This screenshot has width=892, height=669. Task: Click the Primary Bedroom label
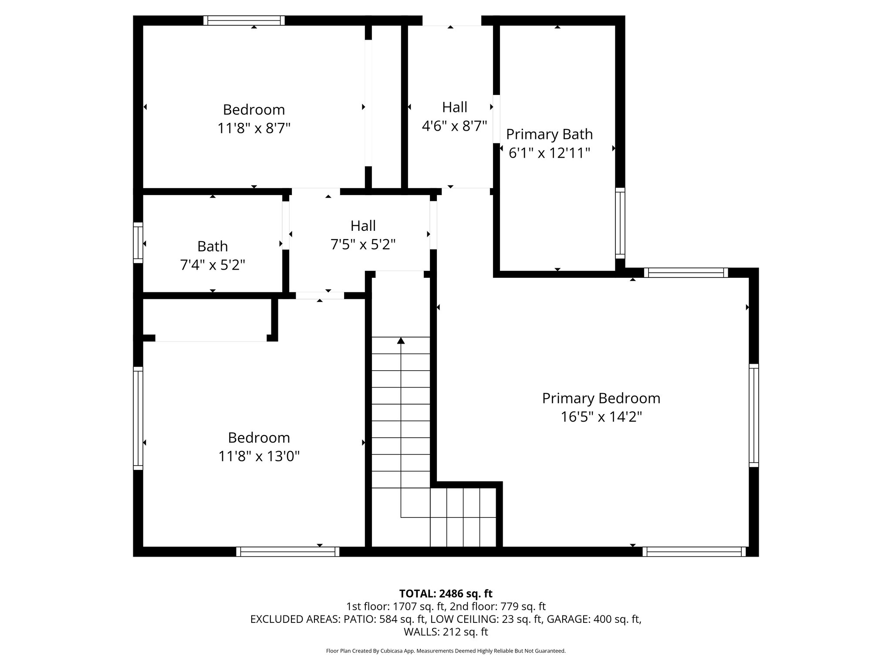[601, 398]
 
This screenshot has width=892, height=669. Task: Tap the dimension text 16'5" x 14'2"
[601, 417]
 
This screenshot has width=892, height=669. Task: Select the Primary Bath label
[549, 134]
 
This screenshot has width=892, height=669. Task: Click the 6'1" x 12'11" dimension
[549, 153]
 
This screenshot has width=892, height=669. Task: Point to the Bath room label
[213, 247]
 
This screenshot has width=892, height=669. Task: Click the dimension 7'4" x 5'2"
[213, 265]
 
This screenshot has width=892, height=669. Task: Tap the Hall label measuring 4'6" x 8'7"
[454, 107]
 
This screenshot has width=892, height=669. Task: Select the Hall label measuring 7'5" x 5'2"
[363, 226]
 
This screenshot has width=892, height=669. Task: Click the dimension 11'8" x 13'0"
[259, 456]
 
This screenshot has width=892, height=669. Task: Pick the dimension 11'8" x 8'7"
[254, 128]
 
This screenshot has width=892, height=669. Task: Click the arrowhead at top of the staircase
[401, 341]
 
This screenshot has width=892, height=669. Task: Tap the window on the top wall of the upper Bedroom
[244, 20]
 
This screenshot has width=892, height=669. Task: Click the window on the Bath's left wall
[138, 243]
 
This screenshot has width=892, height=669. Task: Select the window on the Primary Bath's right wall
[620, 223]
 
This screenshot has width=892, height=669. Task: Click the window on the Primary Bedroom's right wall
[753, 416]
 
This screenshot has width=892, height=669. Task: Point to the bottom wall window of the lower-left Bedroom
[287, 552]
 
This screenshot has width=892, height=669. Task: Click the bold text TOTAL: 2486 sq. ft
[446, 594]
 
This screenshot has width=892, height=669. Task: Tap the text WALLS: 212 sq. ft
[446, 632]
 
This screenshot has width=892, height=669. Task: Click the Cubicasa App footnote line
[446, 651]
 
